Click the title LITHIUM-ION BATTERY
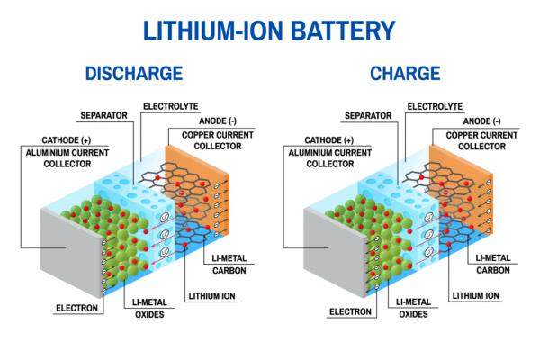(269, 30)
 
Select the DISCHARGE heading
(133, 73)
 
